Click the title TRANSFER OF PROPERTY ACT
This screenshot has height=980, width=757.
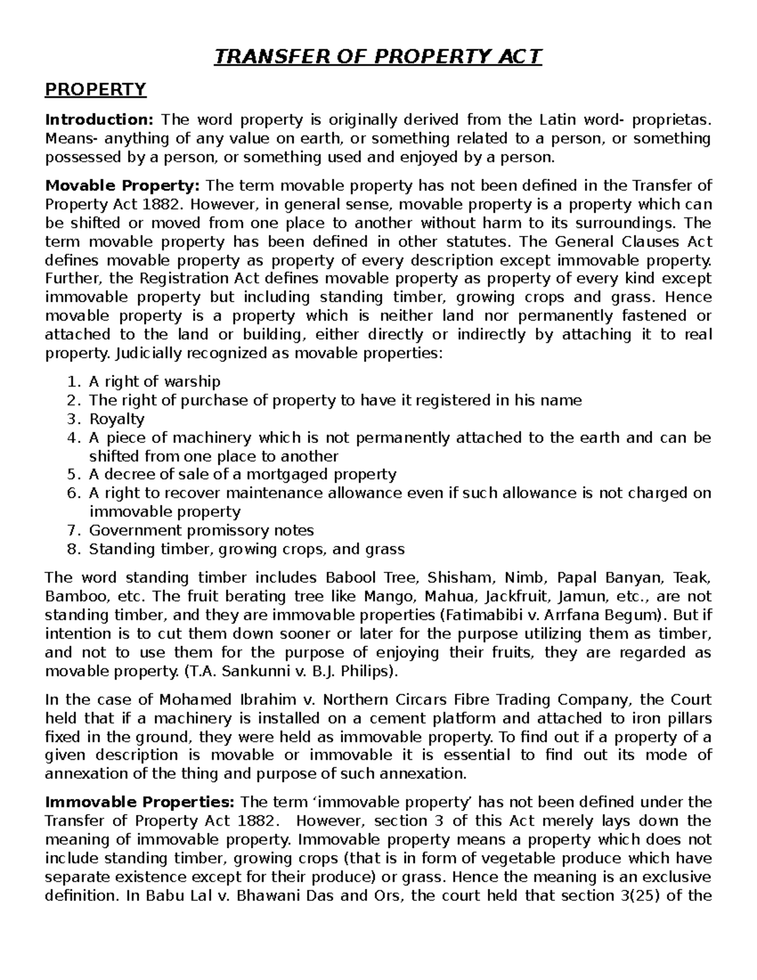click(x=378, y=57)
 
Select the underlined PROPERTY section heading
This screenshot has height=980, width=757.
click(x=95, y=90)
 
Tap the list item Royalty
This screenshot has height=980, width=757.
click(x=117, y=419)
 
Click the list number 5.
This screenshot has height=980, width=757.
click(x=74, y=475)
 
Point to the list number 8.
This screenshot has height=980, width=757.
click(x=74, y=549)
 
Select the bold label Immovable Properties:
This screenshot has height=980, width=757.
click(x=140, y=802)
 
